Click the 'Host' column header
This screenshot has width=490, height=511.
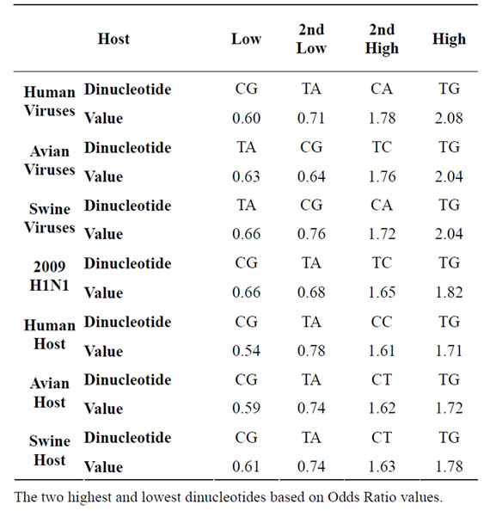113,39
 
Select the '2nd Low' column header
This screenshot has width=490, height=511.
311,39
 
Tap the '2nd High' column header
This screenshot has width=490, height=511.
382,40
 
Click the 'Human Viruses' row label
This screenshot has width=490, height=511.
50,101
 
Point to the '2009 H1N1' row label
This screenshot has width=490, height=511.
50,275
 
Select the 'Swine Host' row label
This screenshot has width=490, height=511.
50,451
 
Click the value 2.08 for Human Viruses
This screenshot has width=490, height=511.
449,118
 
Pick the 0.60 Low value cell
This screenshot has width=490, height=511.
246,118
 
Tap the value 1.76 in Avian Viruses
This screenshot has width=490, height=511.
382,176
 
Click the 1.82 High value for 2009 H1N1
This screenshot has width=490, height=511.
449,292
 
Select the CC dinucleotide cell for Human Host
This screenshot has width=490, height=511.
382,322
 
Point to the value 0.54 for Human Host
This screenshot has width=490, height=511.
246,351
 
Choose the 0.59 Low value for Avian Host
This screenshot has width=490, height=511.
246,409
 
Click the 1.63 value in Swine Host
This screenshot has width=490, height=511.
382,466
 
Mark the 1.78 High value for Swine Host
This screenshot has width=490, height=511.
449,466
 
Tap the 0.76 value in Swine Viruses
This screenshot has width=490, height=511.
311,234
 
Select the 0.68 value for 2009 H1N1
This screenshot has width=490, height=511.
311,292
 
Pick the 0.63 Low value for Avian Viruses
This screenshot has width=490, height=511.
246,176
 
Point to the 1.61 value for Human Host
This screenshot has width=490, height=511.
382,351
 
